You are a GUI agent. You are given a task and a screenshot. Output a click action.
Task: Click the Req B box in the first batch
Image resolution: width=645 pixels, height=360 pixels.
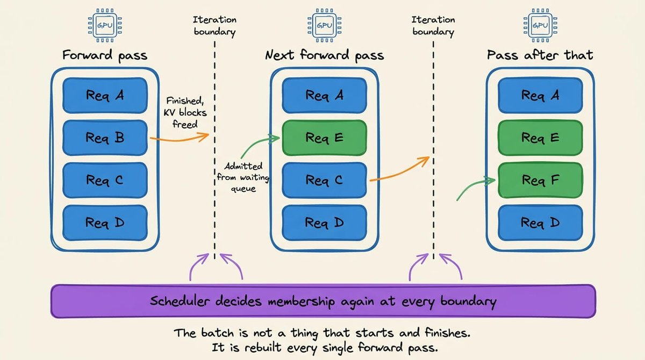pos(105,138)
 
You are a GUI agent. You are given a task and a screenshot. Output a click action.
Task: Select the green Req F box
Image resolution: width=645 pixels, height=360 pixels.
pos(540,180)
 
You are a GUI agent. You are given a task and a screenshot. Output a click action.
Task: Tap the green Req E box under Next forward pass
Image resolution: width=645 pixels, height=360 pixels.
pos(324,138)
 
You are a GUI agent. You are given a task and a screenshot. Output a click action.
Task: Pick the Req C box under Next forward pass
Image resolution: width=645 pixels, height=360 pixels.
pos(324,180)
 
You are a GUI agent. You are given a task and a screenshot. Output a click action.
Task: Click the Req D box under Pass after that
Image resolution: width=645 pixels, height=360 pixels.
pos(540,223)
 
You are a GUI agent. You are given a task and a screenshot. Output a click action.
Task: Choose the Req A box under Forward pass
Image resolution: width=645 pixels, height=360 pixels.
pos(105,95)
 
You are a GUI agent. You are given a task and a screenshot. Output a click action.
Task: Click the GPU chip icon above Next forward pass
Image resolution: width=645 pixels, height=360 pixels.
pos(325,25)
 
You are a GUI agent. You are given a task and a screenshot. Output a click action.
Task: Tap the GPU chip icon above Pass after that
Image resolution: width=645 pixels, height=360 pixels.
pos(541,25)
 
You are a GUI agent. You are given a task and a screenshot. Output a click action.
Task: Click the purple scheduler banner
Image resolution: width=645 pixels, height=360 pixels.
pos(323,301)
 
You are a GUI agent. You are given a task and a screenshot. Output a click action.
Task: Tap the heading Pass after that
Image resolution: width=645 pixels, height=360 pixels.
pos(540,55)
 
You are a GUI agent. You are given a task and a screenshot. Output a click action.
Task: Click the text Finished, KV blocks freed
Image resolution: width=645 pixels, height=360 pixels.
pos(185,112)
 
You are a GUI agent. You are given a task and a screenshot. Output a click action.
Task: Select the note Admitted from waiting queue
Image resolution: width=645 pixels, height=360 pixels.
pos(243,177)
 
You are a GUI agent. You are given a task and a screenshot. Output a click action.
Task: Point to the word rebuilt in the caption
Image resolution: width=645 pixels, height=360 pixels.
pos(263,348)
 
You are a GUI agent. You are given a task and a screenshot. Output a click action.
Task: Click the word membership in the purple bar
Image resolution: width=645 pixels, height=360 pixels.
pos(302,301)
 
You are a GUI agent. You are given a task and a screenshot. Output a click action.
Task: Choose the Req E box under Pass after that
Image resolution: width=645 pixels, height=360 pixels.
pos(540,138)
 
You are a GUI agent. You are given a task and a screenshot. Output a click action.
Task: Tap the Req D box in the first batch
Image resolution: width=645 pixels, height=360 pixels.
pos(105,223)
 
